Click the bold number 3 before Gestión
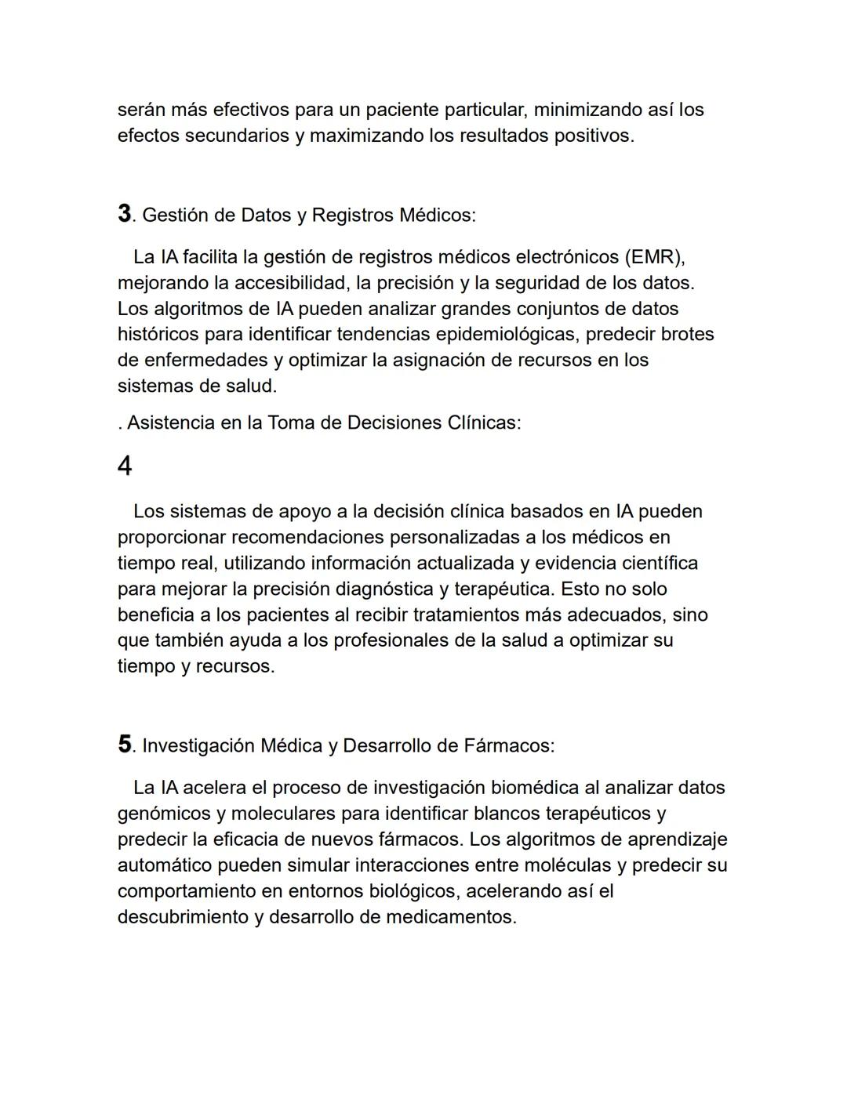[x=124, y=213]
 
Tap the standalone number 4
[x=125, y=467]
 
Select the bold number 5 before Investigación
[x=125, y=744]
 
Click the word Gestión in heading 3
[x=173, y=215]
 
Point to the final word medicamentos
[x=450, y=917]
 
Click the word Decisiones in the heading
[x=394, y=423]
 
